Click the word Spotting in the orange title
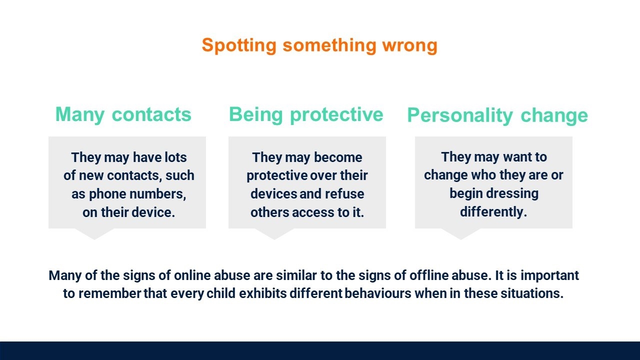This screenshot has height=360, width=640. pos(239,45)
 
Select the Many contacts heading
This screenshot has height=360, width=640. pos(123,115)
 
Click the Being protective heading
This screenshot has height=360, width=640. pos(306,115)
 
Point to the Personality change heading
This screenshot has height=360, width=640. pos(497,115)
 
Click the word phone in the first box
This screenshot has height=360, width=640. pos(107,194)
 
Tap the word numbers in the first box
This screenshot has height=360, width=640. pos(157,194)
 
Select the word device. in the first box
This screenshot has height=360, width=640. pos(153,212)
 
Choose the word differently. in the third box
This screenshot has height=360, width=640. pos(493,212)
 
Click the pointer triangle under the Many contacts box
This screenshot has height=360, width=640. pos(94,234)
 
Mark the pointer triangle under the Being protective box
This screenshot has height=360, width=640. pos(274,234)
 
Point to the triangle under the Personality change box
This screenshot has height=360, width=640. pos(460,234)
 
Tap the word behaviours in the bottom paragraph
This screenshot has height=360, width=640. pos(377,293)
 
